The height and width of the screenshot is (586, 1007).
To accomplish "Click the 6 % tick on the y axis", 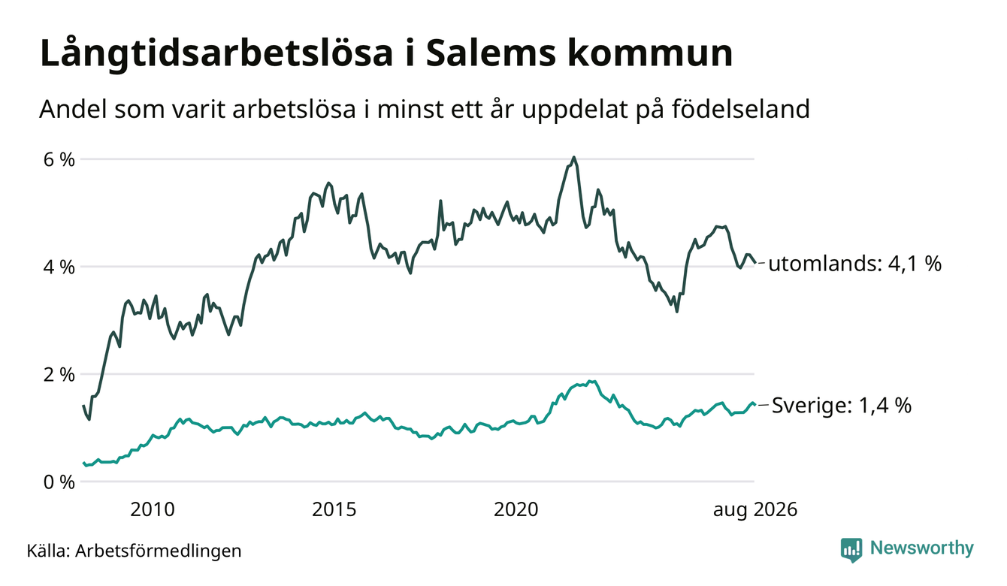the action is (59, 159).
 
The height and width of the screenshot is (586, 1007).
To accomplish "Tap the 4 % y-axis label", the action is (59, 267).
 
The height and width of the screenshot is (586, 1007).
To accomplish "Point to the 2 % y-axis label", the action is (59, 374).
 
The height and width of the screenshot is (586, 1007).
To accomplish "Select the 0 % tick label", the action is (59, 482).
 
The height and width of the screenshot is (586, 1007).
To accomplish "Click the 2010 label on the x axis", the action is (153, 510).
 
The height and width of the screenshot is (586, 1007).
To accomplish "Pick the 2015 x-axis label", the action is (334, 510).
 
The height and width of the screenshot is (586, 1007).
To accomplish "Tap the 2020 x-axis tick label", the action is (516, 510).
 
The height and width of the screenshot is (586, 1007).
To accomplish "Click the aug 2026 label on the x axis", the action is (755, 510).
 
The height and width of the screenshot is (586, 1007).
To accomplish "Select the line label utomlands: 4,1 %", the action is (854, 264).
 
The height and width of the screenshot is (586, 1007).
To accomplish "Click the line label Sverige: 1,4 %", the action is (842, 406).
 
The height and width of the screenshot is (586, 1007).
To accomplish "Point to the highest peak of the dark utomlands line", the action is (573, 157).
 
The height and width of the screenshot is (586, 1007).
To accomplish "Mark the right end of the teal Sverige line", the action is (754, 404).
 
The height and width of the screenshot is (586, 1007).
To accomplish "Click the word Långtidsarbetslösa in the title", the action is (216, 54).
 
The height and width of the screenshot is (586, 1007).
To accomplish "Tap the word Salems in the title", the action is (491, 54).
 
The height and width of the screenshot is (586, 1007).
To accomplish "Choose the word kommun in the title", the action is (651, 54).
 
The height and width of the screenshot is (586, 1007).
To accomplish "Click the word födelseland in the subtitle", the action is (741, 109).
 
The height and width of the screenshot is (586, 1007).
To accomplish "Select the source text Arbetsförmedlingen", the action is (159, 551).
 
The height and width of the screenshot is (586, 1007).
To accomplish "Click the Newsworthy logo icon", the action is (851, 550).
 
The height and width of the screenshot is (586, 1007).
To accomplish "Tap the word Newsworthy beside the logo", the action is (922, 548).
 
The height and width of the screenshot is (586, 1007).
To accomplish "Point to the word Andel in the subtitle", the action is (74, 109).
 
